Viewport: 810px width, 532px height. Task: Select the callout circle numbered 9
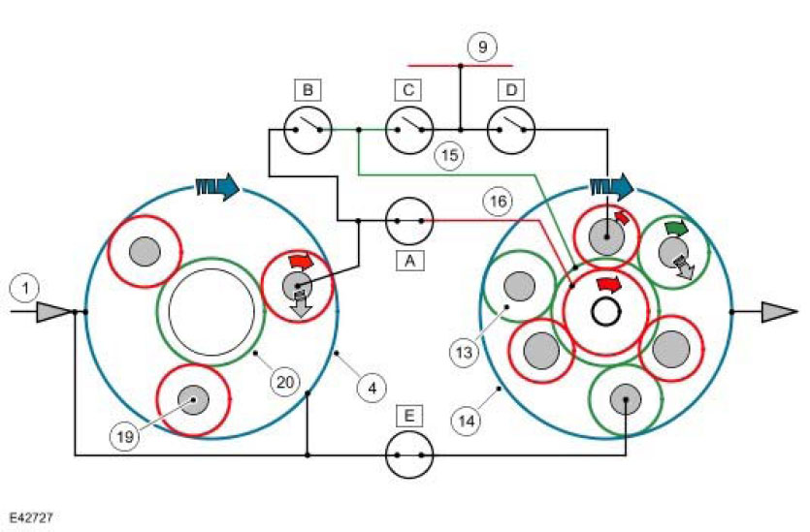tap(482, 46)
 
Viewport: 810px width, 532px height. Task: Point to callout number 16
tap(497, 203)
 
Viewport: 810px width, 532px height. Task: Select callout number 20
tap(283, 383)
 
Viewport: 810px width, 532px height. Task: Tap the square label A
tap(408, 260)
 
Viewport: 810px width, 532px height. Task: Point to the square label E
tap(408, 416)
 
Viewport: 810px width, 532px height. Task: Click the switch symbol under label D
tap(510, 128)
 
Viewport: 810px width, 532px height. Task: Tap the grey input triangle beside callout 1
tap(54, 311)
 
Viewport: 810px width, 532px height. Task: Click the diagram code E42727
tap(33, 519)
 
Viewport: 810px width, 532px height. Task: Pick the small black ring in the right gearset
tap(607, 312)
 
